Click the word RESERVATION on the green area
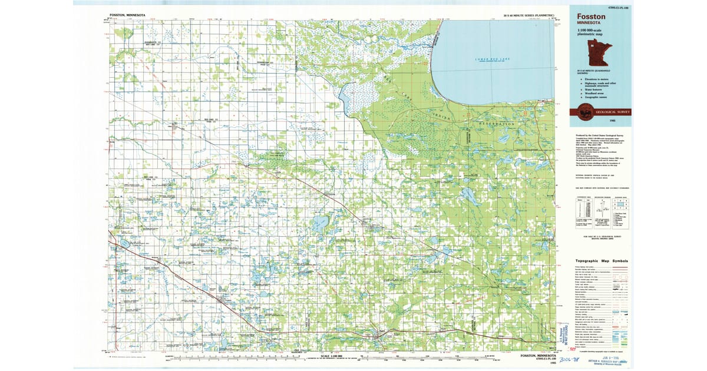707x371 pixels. [x=498, y=124]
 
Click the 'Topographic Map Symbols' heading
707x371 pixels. [x=602, y=261]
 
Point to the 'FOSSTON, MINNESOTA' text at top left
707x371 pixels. [x=127, y=15]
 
